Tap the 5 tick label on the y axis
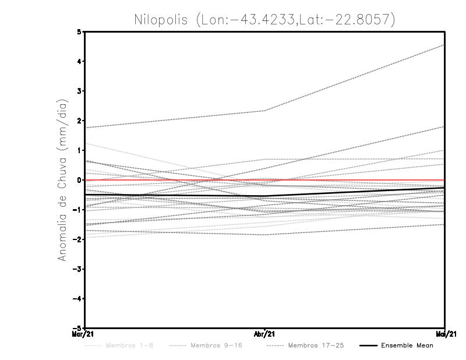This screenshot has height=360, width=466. (79, 32)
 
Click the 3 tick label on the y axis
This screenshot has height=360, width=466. (79, 91)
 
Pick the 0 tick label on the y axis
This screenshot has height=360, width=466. (79, 180)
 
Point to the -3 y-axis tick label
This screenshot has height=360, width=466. (77, 269)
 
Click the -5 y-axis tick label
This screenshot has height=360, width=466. (77, 328)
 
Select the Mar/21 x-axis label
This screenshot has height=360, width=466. (84, 334)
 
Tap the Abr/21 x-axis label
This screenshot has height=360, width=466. (265, 334)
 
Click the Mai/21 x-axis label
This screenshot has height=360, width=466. (445, 334)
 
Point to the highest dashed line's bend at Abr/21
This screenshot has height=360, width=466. (265, 111)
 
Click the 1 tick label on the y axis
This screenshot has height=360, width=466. (79, 150)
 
